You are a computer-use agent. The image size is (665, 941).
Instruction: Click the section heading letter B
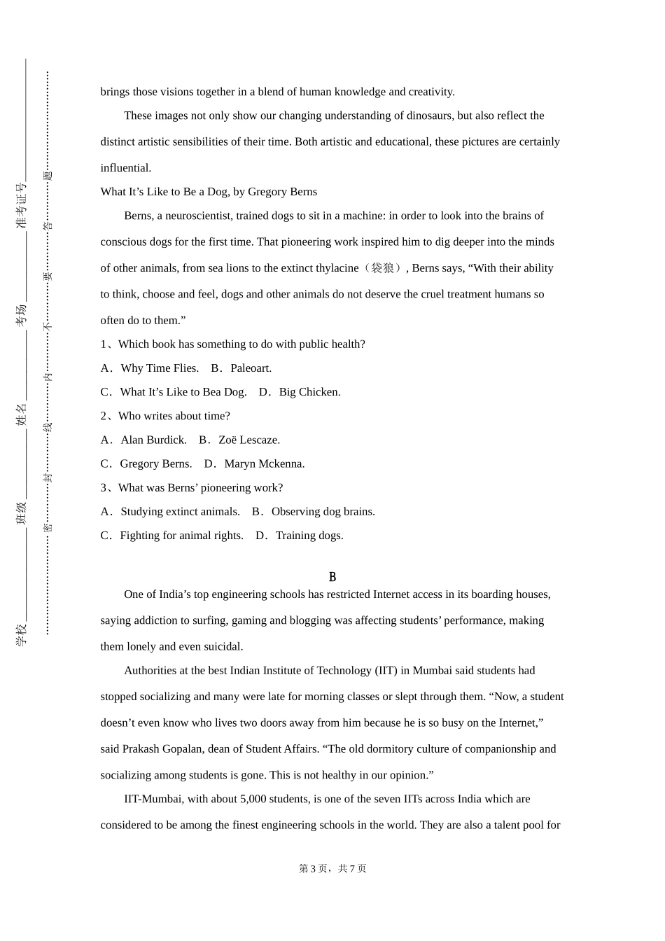point(332,577)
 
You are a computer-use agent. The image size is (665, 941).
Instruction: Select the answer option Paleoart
point(251,368)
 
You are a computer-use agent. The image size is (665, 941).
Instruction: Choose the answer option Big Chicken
point(309,392)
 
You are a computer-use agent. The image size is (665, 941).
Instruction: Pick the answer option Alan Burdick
point(153,440)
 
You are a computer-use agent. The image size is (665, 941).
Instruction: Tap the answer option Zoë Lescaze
point(248,440)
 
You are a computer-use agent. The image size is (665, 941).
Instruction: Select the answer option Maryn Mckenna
point(264,463)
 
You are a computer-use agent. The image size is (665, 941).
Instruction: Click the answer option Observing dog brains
point(323,512)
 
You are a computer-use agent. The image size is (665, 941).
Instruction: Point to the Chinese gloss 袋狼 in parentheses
point(381,268)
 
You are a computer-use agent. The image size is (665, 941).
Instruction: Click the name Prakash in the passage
point(141,749)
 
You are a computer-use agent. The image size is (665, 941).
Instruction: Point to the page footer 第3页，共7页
point(332,868)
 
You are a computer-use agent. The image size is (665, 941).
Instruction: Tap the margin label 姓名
point(22,414)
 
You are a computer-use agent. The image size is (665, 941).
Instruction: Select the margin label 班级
point(22,513)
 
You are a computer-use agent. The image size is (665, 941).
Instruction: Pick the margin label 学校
point(22,634)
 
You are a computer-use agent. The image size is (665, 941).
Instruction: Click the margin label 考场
point(22,315)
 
